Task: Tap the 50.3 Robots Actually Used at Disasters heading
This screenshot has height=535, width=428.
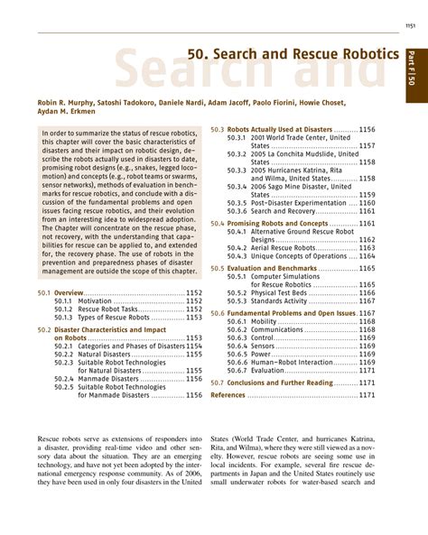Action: (280, 130)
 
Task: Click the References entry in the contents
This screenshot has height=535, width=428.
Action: (228, 394)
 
